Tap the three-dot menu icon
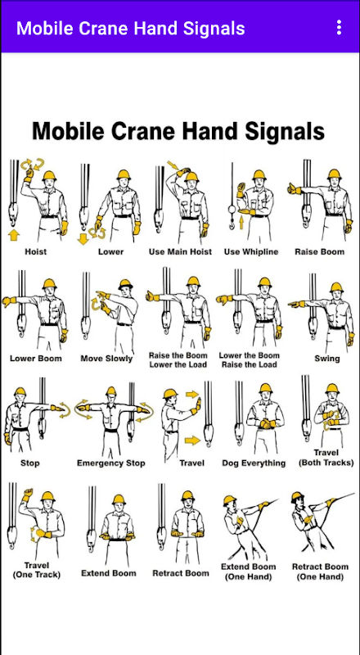(339, 28)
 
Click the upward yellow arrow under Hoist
(14, 235)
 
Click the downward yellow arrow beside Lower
(83, 238)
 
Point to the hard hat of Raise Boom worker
(334, 174)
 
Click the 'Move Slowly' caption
(106, 359)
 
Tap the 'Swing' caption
(327, 359)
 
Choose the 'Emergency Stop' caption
(111, 463)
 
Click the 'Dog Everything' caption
(254, 463)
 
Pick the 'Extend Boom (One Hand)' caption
(249, 571)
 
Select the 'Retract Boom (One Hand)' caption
(320, 571)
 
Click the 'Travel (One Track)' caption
(36, 570)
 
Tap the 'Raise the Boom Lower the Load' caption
(178, 359)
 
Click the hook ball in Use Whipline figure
(232, 210)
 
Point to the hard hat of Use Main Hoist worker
(191, 176)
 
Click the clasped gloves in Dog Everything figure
(266, 424)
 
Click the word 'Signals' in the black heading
(285, 131)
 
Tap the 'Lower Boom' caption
(36, 359)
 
